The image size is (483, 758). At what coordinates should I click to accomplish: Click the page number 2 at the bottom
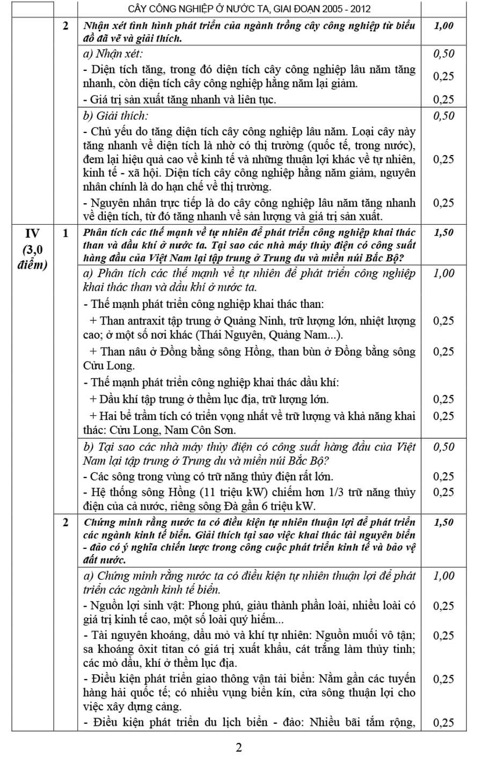tap(239, 747)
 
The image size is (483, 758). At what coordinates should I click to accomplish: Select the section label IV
tap(32, 233)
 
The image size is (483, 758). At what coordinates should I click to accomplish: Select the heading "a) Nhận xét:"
tap(113, 53)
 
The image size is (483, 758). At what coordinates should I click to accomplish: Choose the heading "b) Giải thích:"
tap(115, 115)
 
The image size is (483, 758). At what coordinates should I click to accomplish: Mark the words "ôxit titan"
tap(152, 650)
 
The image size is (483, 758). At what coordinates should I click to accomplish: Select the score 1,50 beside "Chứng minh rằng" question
tap(443, 522)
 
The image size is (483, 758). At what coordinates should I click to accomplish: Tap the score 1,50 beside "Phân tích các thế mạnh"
tap(443, 232)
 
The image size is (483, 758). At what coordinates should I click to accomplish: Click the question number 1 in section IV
tap(65, 233)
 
